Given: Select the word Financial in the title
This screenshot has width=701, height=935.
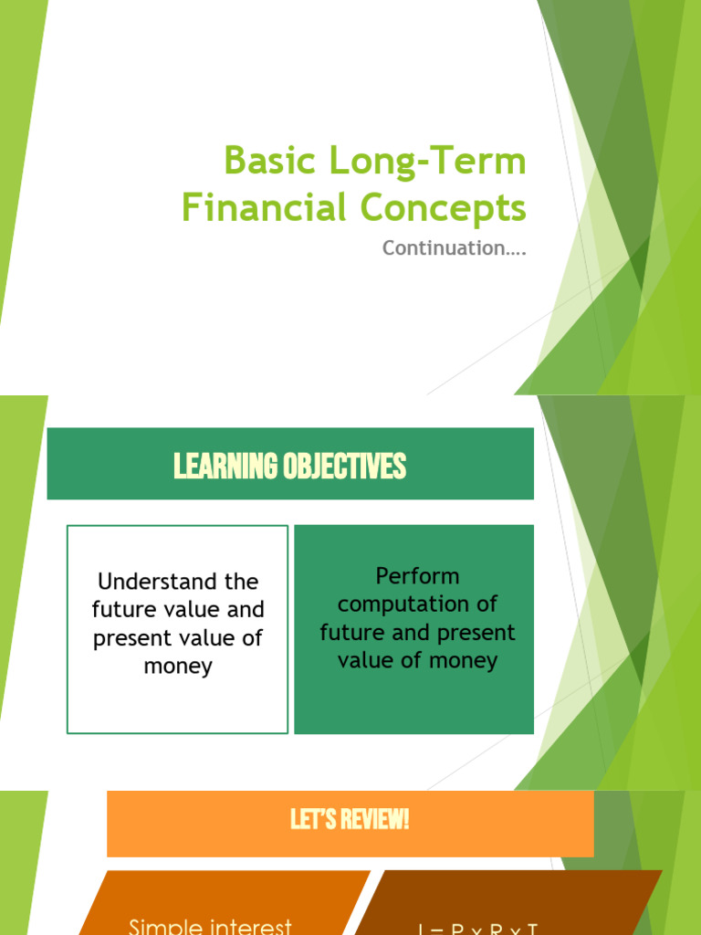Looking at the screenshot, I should [260, 208].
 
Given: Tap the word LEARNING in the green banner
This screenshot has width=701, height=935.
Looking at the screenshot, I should [225, 467].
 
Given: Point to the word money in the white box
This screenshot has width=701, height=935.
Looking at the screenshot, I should [178, 667].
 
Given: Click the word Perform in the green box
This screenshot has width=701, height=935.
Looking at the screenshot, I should [417, 576].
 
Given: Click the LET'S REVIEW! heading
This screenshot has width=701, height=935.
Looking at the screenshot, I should [350, 820].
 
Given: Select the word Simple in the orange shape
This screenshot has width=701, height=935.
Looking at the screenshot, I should [163, 926].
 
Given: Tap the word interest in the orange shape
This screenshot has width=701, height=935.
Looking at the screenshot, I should [249, 926].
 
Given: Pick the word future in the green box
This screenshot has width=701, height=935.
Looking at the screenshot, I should [350, 633].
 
